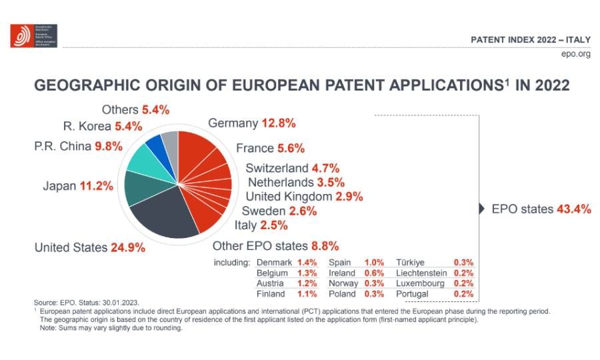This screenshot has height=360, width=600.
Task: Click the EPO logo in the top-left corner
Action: [x=33, y=35]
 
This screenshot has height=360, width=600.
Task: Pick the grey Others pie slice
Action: [x=170, y=140]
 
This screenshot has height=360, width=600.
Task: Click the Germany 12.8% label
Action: [x=251, y=123]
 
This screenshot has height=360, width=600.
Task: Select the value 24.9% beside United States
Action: [x=126, y=248]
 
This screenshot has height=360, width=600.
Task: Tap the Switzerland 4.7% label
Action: [x=292, y=168]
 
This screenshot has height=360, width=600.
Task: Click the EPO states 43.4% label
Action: [x=541, y=209]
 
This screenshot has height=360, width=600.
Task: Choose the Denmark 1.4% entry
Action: [x=286, y=263]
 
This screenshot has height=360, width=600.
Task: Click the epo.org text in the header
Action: [x=576, y=54]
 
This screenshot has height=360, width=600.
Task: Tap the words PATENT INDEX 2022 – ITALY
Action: [x=531, y=39]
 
